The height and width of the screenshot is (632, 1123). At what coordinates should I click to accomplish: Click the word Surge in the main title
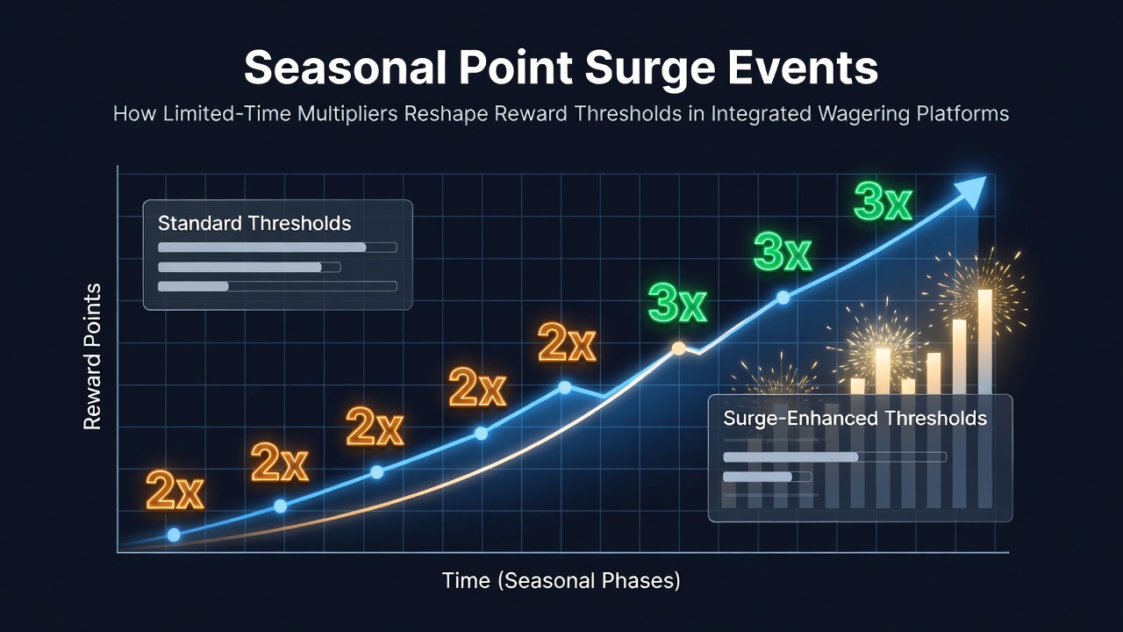coord(650,69)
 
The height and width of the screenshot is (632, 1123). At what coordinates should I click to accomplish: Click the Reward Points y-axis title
coord(92,356)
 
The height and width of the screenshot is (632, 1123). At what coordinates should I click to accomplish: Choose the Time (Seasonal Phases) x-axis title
coord(561,581)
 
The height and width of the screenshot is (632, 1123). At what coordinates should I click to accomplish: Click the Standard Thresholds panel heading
coord(254,223)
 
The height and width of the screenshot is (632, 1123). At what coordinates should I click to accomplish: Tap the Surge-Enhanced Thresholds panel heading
coord(855,419)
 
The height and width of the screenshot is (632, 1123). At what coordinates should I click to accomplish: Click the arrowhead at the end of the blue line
coord(970,191)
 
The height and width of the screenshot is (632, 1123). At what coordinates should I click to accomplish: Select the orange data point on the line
coord(678,348)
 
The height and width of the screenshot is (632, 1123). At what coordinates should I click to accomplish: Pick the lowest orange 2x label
coord(175,491)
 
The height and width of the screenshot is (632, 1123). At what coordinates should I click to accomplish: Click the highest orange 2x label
coord(567,342)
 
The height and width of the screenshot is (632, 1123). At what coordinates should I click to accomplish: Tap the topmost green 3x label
coord(883,201)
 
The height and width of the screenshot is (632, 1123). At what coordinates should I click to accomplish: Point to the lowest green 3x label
coord(677,304)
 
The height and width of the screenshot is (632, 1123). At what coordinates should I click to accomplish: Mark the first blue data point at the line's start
coord(174,535)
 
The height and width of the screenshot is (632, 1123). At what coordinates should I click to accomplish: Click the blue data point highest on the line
coord(783,298)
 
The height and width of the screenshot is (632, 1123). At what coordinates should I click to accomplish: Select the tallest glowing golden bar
coord(984,341)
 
